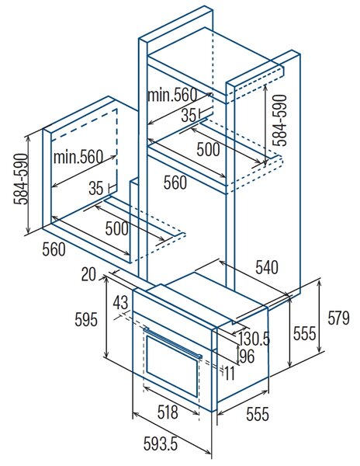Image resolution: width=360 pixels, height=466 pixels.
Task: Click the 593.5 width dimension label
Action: [161, 444]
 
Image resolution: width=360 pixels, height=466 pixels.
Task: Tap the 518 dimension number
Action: [168, 412]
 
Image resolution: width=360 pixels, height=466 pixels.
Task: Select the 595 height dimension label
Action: [86, 320]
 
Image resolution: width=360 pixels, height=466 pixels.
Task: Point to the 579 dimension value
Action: [338, 318]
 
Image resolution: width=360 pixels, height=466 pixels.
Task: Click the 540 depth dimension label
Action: [267, 267]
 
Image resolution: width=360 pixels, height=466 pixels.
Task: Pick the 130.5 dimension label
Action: [254, 339]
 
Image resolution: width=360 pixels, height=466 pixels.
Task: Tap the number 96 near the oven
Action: [247, 356]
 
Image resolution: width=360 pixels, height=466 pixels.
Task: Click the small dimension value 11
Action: [230, 374]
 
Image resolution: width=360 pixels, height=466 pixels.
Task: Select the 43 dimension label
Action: [120, 303]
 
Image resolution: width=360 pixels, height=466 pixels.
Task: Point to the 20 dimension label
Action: [88, 274]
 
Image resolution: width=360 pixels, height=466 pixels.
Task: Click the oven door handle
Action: [173, 342]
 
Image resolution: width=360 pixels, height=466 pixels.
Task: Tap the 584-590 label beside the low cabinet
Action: [21, 179]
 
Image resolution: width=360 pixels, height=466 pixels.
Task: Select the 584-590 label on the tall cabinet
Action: [280, 120]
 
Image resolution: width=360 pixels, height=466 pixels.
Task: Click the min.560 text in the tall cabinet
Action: [172, 95]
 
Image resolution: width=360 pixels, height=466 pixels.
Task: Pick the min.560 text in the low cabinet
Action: [78, 157]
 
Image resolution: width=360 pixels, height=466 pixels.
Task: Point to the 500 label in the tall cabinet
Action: [209, 149]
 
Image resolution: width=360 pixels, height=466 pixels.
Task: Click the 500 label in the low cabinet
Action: [117, 228]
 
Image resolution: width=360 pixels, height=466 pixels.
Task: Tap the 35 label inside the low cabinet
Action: [96, 188]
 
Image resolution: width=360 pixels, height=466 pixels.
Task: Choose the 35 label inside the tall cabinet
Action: [189, 115]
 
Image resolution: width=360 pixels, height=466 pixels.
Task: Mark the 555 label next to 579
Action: [304, 333]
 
